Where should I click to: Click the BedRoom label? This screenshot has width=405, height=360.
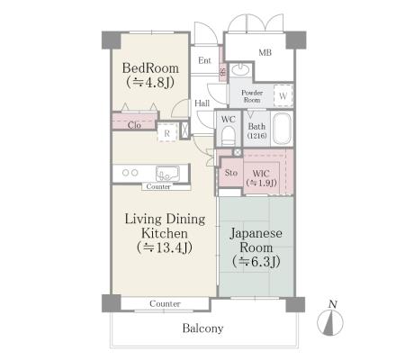pos(150,68)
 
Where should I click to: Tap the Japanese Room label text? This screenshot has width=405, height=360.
pos(256,240)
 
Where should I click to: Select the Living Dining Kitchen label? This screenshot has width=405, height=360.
pos(165,226)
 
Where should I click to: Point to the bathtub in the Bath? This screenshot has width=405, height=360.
pos(282,129)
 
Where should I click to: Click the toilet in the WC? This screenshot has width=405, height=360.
pos(229,136)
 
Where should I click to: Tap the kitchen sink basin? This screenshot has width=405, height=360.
pos(167,174)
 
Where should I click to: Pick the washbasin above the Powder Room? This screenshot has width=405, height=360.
pos(240,69)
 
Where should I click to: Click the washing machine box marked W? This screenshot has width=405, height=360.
pos(283,95)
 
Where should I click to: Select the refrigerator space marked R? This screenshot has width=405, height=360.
pos(166,132)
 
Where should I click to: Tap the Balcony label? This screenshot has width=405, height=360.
pos(202,328)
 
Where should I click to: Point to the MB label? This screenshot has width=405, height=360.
pos(265,53)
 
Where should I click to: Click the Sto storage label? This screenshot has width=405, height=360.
pos(231,173)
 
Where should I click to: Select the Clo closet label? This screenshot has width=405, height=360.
pos(134,125)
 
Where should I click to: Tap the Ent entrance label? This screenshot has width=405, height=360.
pos(204,60)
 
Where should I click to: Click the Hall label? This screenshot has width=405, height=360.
pos(202,103)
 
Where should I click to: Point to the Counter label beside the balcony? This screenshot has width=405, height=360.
pos(165,303)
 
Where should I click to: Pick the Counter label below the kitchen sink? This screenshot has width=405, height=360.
pos(158,186)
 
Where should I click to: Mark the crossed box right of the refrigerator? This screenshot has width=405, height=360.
pos(184,130)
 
